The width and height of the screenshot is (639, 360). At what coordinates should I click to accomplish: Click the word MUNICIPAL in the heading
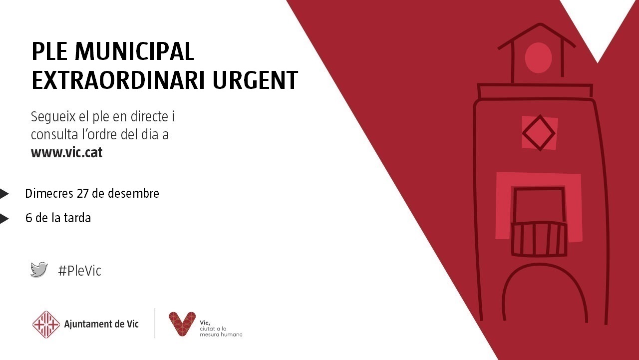(134, 51)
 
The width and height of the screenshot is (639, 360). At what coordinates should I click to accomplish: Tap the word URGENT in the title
(255, 80)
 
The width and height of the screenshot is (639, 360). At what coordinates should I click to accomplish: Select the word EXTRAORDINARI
(118, 80)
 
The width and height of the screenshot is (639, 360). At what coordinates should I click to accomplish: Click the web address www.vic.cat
(66, 152)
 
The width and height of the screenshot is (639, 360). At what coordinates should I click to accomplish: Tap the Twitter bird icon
(39, 270)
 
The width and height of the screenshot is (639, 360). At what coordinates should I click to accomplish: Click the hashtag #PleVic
(79, 271)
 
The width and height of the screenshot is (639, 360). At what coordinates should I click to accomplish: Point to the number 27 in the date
(83, 193)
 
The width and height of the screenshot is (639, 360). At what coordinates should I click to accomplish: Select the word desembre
(133, 193)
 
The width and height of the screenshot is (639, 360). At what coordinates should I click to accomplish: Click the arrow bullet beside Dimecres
(4, 194)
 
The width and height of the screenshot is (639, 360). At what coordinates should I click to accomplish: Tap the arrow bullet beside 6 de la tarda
(4, 219)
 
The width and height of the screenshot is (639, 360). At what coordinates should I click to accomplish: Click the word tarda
(77, 218)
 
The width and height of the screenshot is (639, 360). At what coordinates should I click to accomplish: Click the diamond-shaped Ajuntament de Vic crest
(46, 325)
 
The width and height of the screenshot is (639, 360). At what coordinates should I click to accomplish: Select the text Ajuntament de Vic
(101, 324)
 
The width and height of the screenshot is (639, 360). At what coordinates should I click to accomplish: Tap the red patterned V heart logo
(182, 324)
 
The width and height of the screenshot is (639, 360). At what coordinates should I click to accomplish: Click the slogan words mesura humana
(221, 335)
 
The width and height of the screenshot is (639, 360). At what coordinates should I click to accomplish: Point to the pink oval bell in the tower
(538, 57)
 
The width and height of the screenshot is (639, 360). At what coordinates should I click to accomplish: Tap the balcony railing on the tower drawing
(539, 239)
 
